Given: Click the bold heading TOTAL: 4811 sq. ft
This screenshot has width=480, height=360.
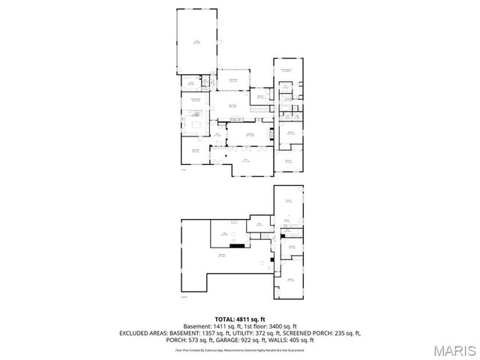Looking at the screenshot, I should coord(240,319).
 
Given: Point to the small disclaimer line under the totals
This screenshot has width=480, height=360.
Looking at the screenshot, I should coord(240,349).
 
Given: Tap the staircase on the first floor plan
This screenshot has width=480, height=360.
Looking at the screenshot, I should coord(259,110).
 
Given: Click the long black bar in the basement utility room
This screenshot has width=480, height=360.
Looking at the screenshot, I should coord(237,244).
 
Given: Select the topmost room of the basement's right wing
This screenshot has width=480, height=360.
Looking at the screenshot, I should coord(288,200).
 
